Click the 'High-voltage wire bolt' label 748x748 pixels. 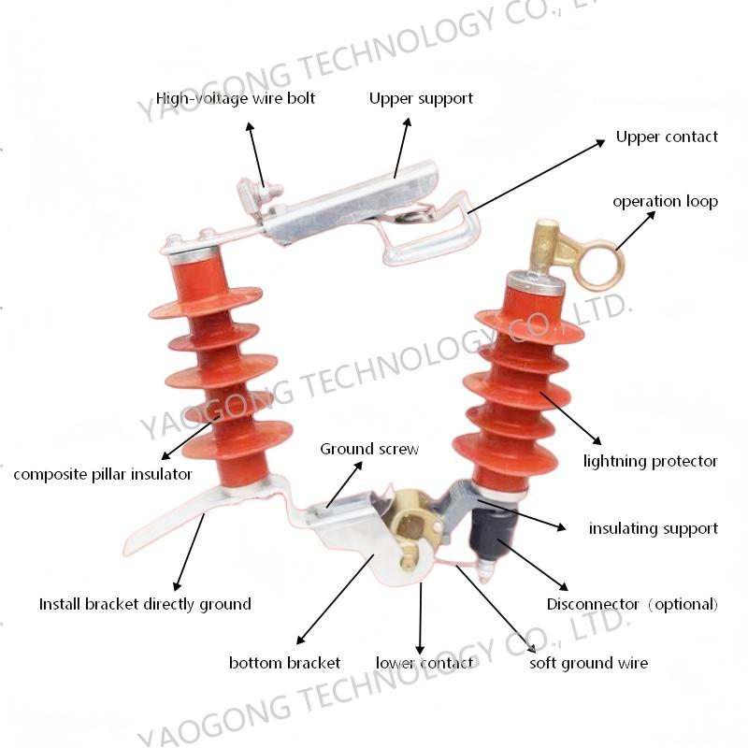pyautogui.click(x=236, y=99)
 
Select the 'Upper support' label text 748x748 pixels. pyautogui.click(x=421, y=99)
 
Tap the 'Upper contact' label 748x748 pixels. pyautogui.click(x=667, y=137)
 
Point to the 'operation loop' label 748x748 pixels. pyautogui.click(x=665, y=201)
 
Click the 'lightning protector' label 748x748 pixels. pyautogui.click(x=650, y=461)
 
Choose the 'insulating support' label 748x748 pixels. pyautogui.click(x=653, y=528)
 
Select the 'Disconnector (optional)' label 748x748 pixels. pyautogui.click(x=632, y=604)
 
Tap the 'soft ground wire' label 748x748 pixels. pyautogui.click(x=589, y=663)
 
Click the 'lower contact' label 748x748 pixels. pyautogui.click(x=424, y=663)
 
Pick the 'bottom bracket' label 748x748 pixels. pyautogui.click(x=284, y=663)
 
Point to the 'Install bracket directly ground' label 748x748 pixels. pyautogui.click(x=145, y=604)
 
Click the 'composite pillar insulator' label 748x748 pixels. pyautogui.click(x=103, y=475)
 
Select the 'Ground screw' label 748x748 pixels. pyautogui.click(x=369, y=450)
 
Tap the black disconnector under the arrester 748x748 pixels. pyautogui.click(x=492, y=529)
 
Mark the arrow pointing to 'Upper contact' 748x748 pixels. pyautogui.click(x=536, y=177)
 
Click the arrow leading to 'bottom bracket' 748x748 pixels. pyautogui.click(x=335, y=599)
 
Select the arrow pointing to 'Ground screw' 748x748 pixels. pyautogui.click(x=344, y=484)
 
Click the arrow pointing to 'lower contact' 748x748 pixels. pyautogui.click(x=420, y=619)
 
